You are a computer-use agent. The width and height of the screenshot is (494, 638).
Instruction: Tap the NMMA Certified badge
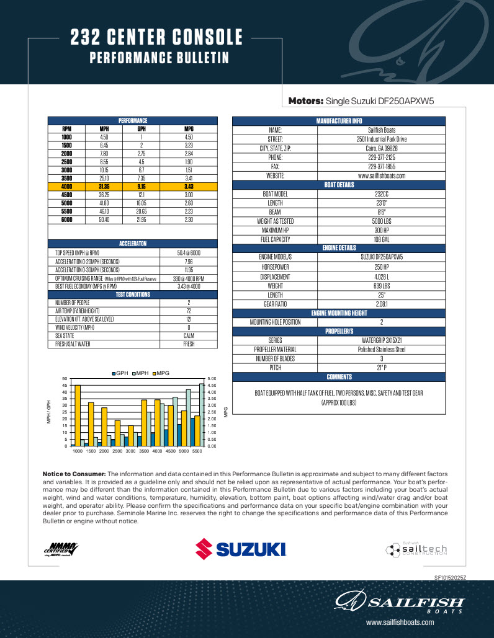click(61, 549)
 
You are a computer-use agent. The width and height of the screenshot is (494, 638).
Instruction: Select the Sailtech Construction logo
click(416, 549)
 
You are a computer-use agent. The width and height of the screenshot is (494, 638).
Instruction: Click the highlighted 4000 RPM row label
click(66, 186)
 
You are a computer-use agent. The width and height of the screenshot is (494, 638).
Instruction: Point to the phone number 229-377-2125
click(382, 157)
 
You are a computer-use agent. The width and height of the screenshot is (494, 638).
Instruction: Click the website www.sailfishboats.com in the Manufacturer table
click(382, 175)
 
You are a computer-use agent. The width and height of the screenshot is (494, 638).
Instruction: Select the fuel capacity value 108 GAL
click(382, 239)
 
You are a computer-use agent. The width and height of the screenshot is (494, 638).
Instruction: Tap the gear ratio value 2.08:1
click(382, 304)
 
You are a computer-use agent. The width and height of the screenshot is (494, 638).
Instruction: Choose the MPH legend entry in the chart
click(140, 373)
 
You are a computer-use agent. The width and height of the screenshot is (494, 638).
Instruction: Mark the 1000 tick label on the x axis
click(78, 451)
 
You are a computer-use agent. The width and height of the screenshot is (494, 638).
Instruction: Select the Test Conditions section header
click(133, 295)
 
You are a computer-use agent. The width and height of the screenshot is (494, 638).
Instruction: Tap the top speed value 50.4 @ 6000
click(189, 253)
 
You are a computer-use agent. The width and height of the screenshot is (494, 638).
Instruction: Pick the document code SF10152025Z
click(450, 577)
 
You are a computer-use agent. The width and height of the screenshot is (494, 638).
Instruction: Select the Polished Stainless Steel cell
click(382, 349)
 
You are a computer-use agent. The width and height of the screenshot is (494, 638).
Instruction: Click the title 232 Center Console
click(156, 38)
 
